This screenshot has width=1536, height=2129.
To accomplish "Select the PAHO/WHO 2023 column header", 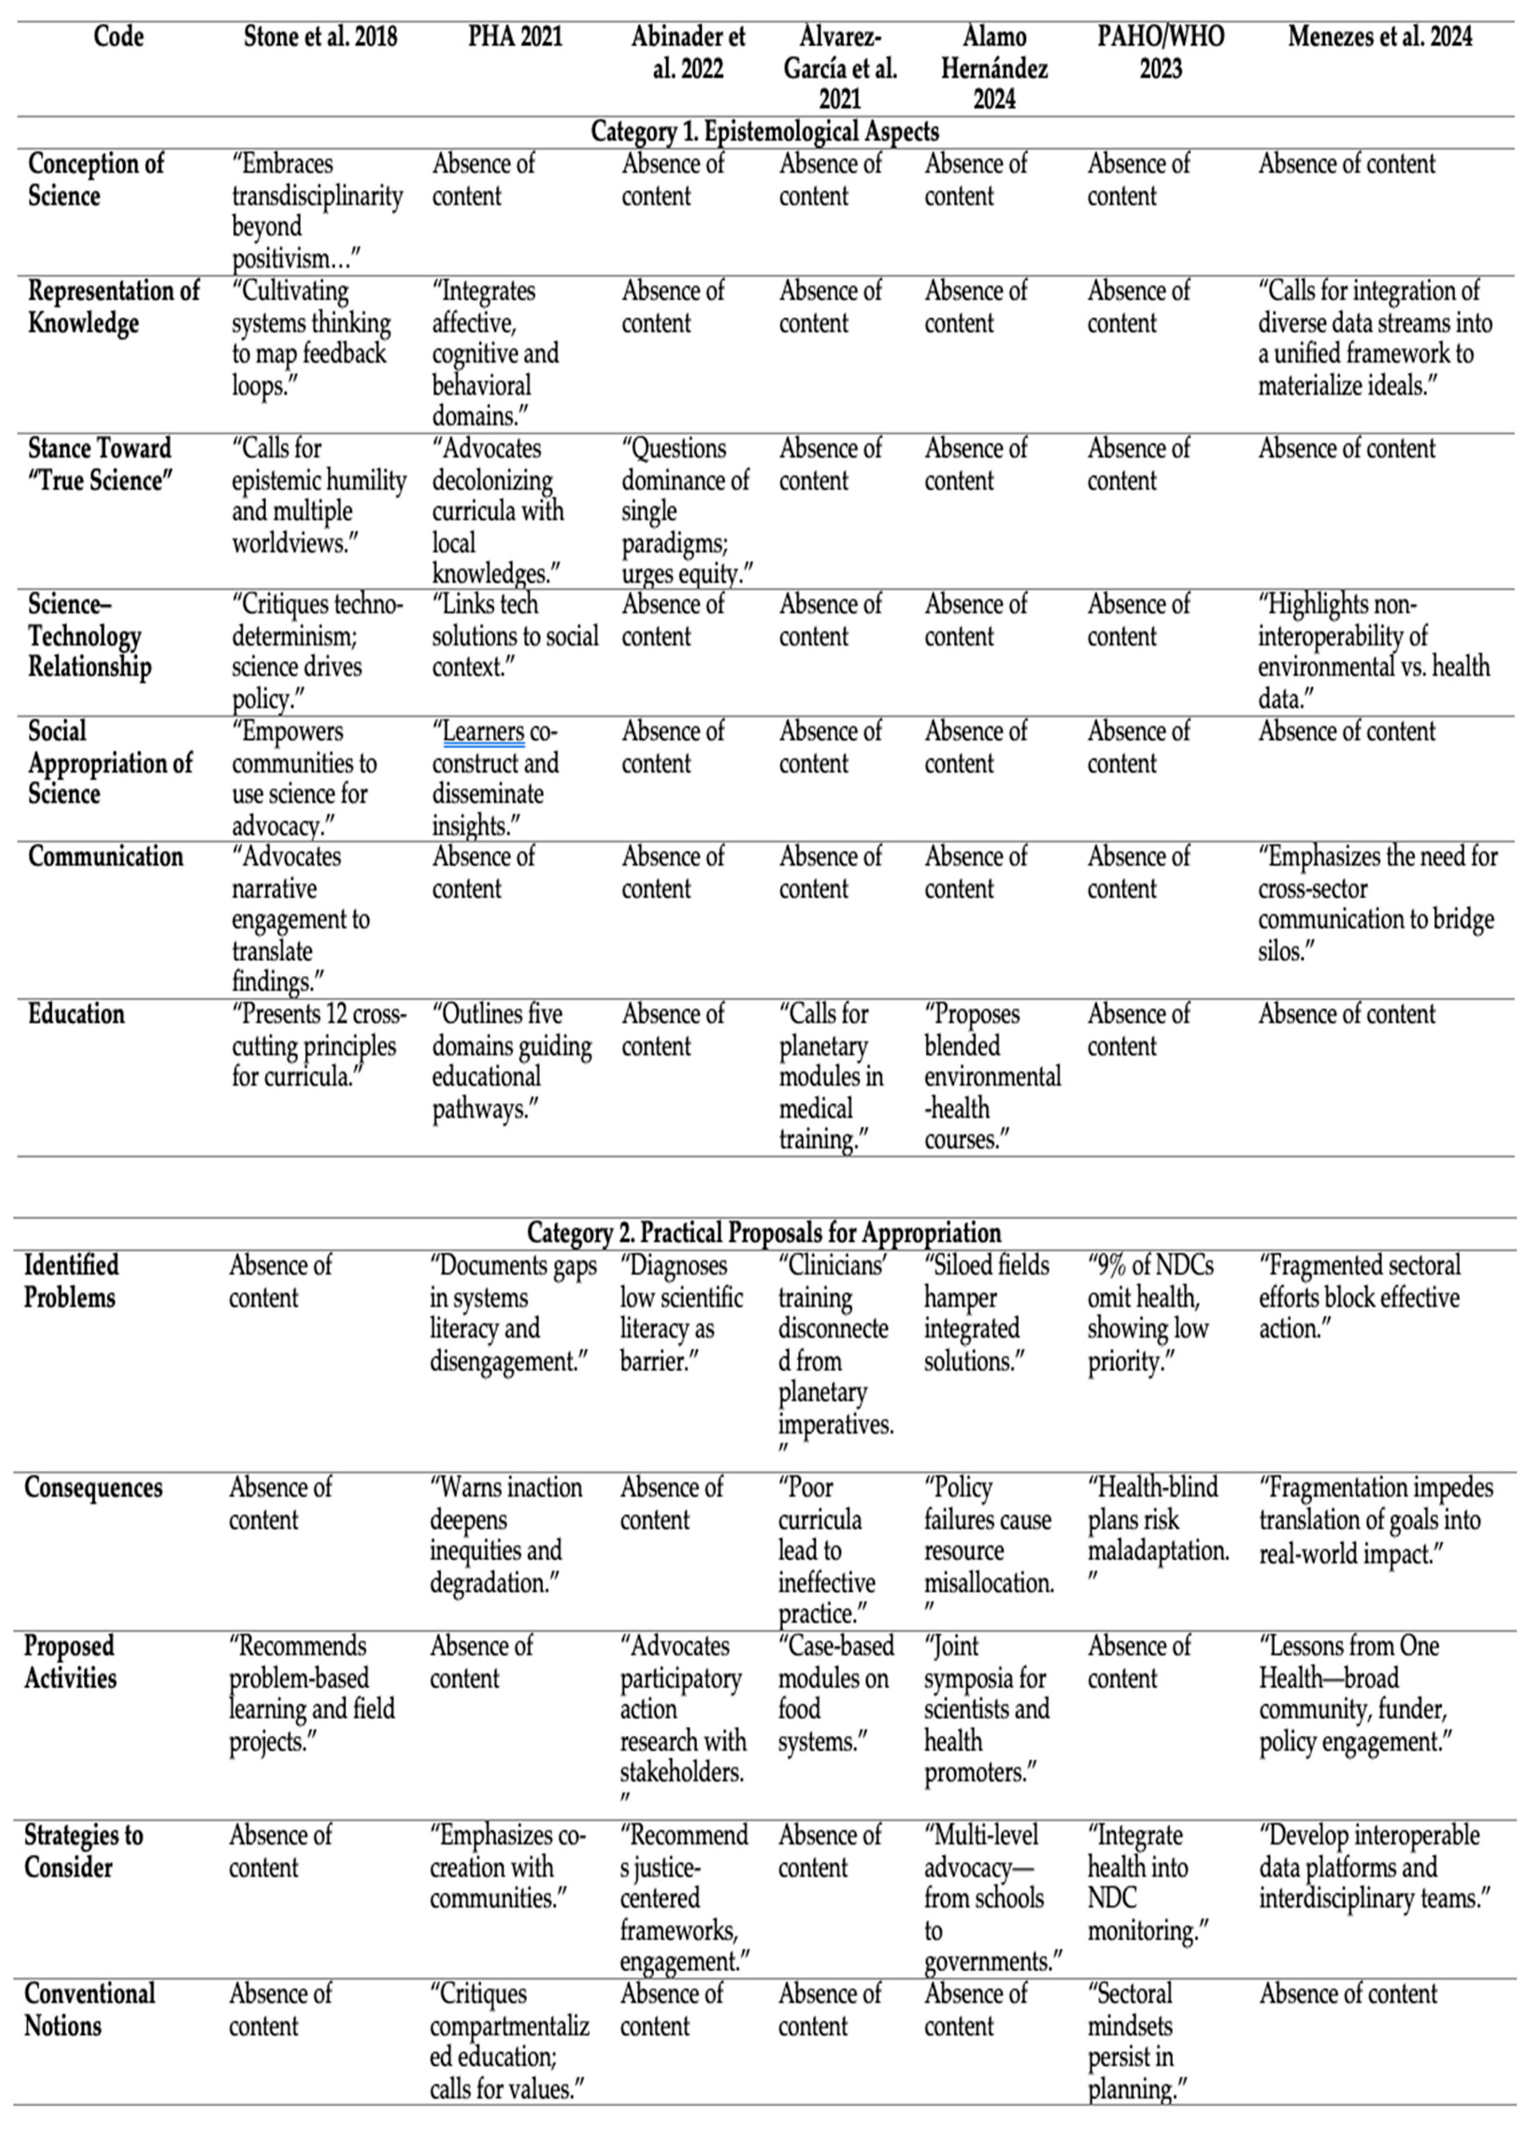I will [x=1161, y=53].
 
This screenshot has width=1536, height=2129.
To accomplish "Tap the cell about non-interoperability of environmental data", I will [x=1374, y=651].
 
